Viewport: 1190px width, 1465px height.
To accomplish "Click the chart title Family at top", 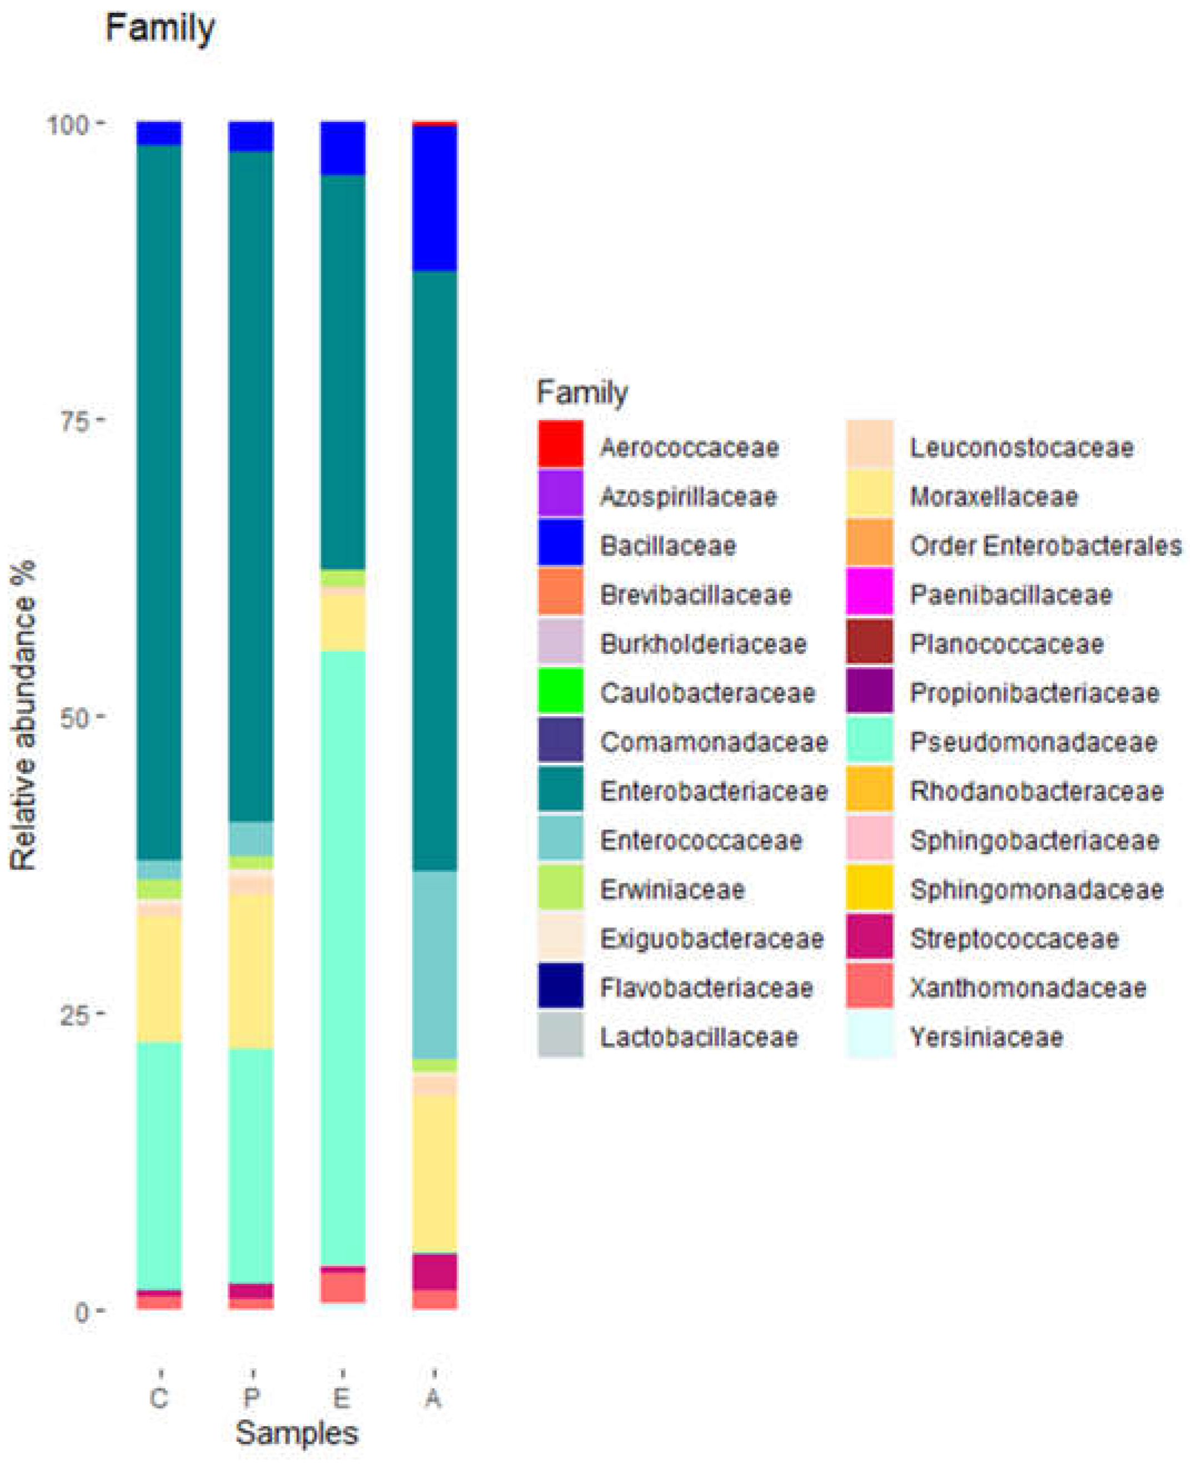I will click(x=160, y=29).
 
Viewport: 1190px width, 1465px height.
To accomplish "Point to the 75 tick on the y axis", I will click(x=76, y=421).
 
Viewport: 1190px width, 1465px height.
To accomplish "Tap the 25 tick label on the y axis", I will click(x=76, y=1014).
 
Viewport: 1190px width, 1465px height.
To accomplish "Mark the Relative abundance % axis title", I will click(x=23, y=717).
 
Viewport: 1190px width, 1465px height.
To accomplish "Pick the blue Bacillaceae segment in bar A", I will click(x=434, y=199).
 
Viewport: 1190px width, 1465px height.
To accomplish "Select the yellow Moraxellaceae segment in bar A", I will click(x=434, y=1172).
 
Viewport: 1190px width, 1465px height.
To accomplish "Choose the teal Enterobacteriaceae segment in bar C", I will click(x=159, y=500).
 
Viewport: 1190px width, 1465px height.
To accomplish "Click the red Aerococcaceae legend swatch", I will click(x=561, y=444).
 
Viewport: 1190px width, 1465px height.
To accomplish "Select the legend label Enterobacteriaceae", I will click(x=714, y=791).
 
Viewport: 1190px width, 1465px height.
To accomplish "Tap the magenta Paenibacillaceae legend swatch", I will click(x=869, y=591).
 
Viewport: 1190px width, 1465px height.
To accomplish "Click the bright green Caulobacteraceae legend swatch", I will click(x=561, y=691).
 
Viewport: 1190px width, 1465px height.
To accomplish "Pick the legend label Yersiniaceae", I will click(x=985, y=1037).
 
